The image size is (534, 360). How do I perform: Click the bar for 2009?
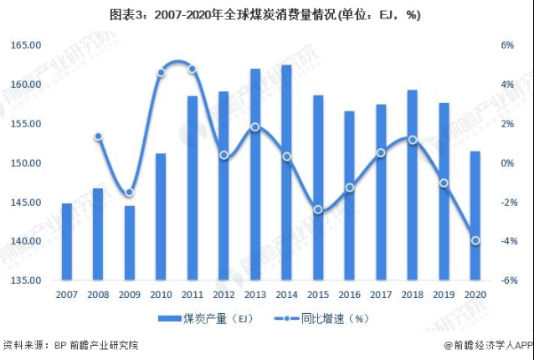(x=130, y=243)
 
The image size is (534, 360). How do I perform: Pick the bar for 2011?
(x=193, y=188)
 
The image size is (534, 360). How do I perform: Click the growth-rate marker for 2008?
(x=98, y=136)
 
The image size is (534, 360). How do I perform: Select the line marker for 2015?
(x=318, y=209)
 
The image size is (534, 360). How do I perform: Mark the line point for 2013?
(x=255, y=127)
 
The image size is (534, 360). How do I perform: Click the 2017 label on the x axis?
(x=380, y=294)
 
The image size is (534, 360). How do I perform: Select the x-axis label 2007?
(x=67, y=294)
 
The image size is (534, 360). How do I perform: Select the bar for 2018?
(x=412, y=185)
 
